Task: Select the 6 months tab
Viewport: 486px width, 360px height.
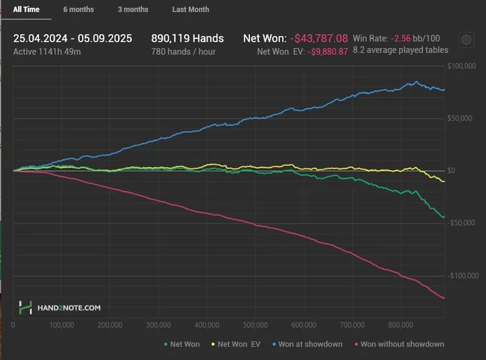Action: point(78,10)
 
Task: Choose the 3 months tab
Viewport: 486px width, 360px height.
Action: point(133,10)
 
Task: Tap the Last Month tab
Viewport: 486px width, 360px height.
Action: point(190,10)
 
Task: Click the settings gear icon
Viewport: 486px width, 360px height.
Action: point(466,40)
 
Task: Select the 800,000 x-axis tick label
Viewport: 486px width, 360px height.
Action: point(402,325)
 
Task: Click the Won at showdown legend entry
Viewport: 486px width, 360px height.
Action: point(309,344)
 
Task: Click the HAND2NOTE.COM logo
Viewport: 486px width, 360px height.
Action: point(60,306)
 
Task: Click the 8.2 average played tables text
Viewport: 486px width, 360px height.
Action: point(401,50)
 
